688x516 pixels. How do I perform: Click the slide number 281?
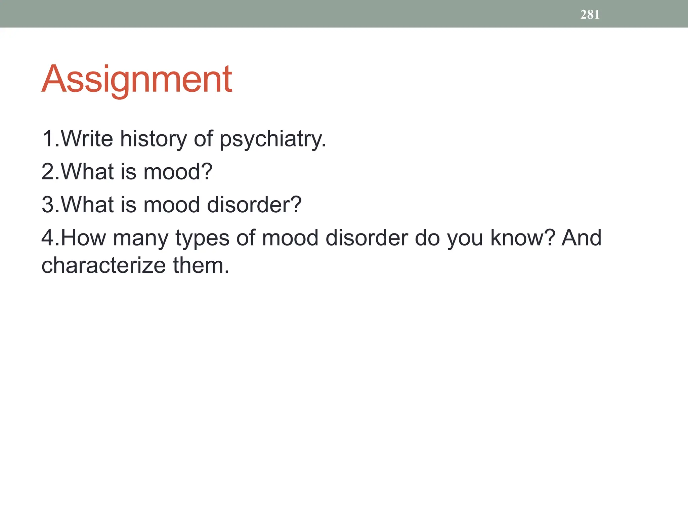[x=590, y=14]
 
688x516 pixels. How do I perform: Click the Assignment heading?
[x=136, y=79]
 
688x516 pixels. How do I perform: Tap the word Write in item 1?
[x=87, y=138]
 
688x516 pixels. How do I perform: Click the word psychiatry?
[x=272, y=139]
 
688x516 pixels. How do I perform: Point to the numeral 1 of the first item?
[x=47, y=138]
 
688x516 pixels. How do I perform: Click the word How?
[x=83, y=238]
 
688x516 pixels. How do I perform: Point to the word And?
[x=581, y=238]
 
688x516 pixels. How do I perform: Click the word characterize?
[x=103, y=265]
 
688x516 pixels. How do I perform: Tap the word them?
[x=201, y=265]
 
